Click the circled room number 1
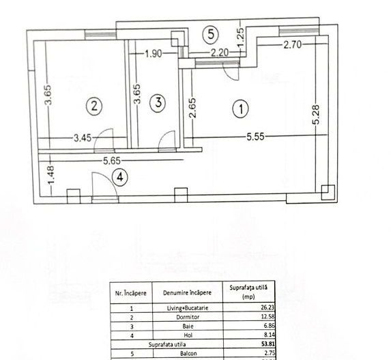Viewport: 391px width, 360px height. pyautogui.click(x=240, y=107)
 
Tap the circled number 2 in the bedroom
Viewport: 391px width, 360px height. pyautogui.click(x=93, y=105)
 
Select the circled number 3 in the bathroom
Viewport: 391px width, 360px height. pyautogui.click(x=158, y=104)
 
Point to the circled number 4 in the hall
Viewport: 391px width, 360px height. pyautogui.click(x=121, y=177)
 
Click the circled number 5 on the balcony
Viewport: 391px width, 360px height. pyautogui.click(x=211, y=33)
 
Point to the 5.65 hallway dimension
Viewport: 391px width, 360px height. pyautogui.click(x=113, y=162)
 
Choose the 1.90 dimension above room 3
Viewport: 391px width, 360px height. pyautogui.click(x=154, y=55)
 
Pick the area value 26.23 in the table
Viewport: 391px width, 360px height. pyautogui.click(x=254, y=307)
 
